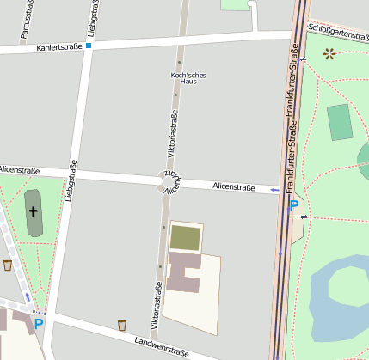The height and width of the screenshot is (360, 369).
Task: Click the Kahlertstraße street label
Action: point(59,46)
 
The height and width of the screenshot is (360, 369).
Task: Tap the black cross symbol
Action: point(34,211)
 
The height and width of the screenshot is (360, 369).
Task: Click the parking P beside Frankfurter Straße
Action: point(293,206)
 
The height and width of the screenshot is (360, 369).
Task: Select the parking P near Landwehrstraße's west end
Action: point(38,324)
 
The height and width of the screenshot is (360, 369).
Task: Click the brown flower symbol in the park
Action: point(329,54)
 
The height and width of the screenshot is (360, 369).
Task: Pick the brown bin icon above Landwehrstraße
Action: point(121,325)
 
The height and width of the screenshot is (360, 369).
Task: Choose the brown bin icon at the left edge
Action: point(8,265)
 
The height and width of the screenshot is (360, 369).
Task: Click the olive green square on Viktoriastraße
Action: point(186,236)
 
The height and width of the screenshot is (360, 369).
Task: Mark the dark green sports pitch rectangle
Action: point(341,122)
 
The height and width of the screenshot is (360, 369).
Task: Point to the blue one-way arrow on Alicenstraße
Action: point(274,190)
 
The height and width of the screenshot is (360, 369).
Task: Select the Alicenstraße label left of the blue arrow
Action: point(234,186)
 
